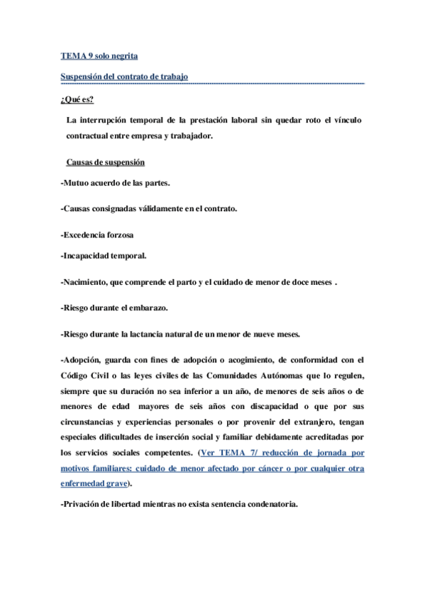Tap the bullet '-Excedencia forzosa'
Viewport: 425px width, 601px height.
click(97, 234)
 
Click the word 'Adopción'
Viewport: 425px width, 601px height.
click(84, 359)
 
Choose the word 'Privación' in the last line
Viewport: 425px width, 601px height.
click(86, 505)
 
